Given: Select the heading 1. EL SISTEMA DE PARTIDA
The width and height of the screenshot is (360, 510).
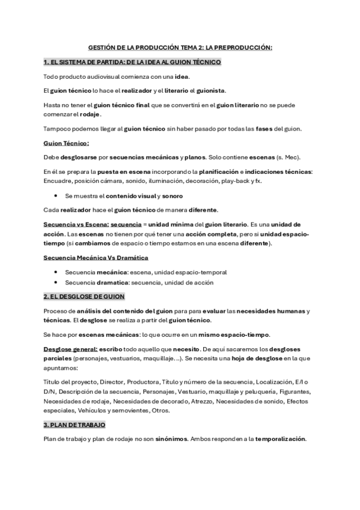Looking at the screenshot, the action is pyautogui.click(x=133, y=62).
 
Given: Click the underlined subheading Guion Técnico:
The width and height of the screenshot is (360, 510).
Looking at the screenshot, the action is pyautogui.click(x=66, y=143).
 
